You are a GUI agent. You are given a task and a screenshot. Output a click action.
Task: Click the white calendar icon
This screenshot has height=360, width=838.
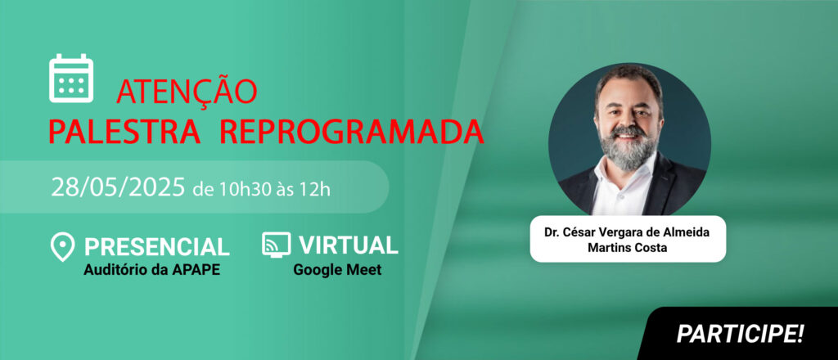(x=71, y=78)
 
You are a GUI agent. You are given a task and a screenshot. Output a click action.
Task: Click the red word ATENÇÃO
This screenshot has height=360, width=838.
(x=187, y=92)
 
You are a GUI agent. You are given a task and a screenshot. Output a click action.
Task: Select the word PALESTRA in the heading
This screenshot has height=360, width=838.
(x=124, y=132)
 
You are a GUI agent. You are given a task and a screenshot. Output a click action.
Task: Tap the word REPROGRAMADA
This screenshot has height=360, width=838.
(x=352, y=132)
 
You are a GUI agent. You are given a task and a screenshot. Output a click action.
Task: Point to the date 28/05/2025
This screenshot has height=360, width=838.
(x=118, y=188)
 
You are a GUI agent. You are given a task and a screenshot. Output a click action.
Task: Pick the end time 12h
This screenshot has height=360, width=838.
(x=318, y=190)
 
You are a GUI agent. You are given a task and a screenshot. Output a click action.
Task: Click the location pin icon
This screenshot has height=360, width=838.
(x=62, y=247)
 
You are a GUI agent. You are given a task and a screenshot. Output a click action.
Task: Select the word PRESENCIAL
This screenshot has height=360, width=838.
(x=156, y=246)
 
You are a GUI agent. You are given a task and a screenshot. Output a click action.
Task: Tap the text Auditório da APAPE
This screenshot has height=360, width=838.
(x=151, y=270)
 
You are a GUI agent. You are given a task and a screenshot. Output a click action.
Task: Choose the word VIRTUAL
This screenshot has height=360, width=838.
(x=349, y=245)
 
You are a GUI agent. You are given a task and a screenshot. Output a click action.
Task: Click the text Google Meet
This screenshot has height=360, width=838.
(x=337, y=270)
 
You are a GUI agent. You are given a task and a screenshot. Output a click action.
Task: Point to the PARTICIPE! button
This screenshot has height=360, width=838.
(x=740, y=334)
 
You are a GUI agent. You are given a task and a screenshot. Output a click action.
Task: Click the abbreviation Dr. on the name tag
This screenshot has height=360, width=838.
(x=551, y=233)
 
